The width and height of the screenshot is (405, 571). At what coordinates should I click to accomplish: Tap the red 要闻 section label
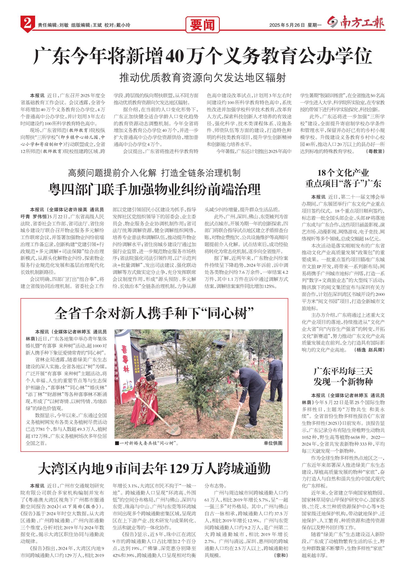(202, 25)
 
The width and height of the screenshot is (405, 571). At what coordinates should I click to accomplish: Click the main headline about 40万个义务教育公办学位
(202, 56)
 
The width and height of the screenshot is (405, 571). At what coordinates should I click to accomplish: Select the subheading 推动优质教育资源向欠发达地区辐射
(202, 78)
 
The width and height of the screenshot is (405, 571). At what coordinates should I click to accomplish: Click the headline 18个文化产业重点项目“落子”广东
(343, 178)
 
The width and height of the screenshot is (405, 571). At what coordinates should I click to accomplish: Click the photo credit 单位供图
(273, 443)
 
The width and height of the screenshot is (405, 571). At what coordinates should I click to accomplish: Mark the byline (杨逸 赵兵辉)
(369, 350)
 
